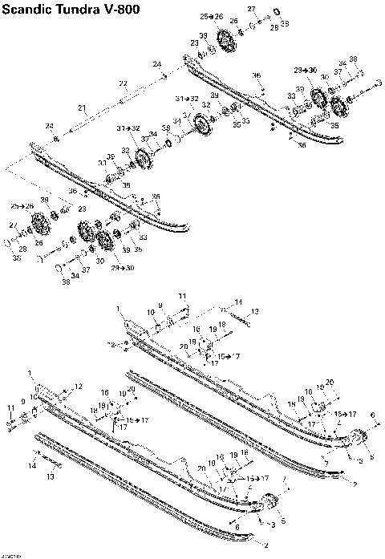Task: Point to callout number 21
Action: pos(82,107)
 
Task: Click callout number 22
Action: pos(123,83)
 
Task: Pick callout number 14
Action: pos(31,465)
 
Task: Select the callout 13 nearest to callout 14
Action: pos(50,476)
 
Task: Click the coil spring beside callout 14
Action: pos(50,464)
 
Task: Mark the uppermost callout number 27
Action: pos(250,9)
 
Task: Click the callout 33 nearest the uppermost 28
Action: pos(284,24)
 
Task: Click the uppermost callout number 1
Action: pos(118,307)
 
